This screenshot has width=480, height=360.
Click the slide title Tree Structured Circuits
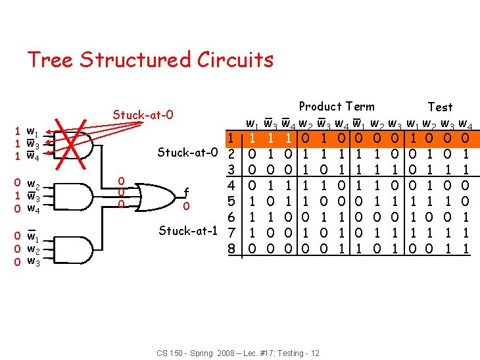pyautogui.click(x=150, y=60)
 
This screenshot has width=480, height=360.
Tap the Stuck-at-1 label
pyautogui.click(x=189, y=231)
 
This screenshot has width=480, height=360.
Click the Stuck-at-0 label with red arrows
pyautogui.click(x=143, y=115)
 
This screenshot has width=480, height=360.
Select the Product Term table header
pyautogui.click(x=337, y=107)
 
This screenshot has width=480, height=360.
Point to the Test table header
pyautogui.click(x=440, y=107)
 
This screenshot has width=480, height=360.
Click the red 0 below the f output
pyautogui.click(x=187, y=206)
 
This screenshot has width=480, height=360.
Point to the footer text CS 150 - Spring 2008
pyautogui.click(x=238, y=353)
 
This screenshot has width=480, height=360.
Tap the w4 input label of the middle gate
pyautogui.click(x=32, y=209)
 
